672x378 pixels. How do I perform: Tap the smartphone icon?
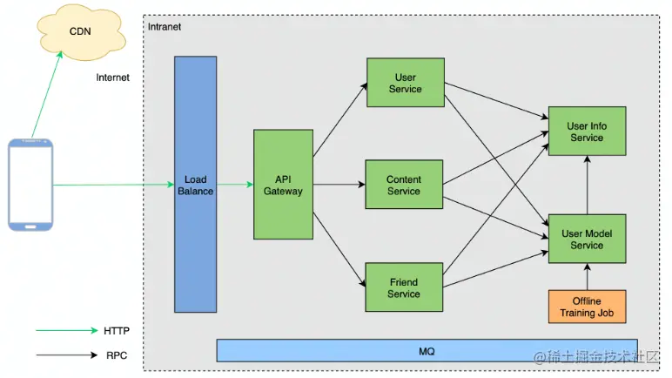[x=30, y=184]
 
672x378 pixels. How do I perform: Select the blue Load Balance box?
[x=195, y=185]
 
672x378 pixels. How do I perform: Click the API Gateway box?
[x=283, y=185]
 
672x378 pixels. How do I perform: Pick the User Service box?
[x=405, y=83]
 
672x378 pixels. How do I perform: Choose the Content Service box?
[x=404, y=185]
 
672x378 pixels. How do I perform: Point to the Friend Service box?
[x=403, y=287]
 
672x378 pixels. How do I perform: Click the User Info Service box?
[x=586, y=132]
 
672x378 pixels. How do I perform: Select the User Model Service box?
[x=586, y=239]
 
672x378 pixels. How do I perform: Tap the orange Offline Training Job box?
[x=587, y=307]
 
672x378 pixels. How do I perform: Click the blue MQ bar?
[x=427, y=351]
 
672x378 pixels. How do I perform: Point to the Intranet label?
[x=165, y=27]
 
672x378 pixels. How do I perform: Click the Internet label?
[x=113, y=78]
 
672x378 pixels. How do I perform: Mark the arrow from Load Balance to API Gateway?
[x=235, y=185]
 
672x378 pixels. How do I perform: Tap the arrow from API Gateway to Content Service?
[x=339, y=185]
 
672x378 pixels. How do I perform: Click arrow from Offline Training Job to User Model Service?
[x=587, y=278]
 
